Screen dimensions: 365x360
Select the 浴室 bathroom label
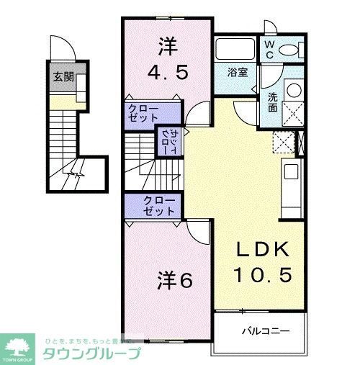238,73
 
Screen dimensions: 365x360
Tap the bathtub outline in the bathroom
235,50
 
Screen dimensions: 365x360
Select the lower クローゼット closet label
159,207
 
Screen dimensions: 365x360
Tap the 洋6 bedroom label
174,280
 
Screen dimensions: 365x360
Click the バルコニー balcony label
265,332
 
